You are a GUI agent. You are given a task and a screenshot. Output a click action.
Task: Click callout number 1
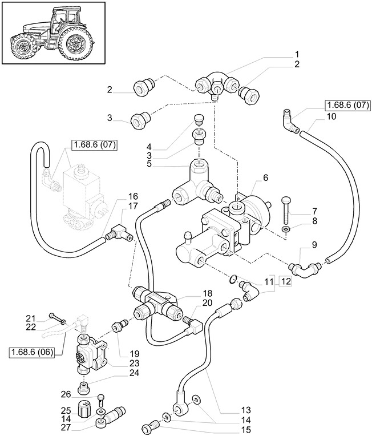[297, 54]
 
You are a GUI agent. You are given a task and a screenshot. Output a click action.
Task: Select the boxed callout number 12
[285, 281]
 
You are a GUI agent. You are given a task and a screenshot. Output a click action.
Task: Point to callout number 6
[265, 179]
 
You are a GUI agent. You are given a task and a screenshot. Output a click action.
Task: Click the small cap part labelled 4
[199, 120]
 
